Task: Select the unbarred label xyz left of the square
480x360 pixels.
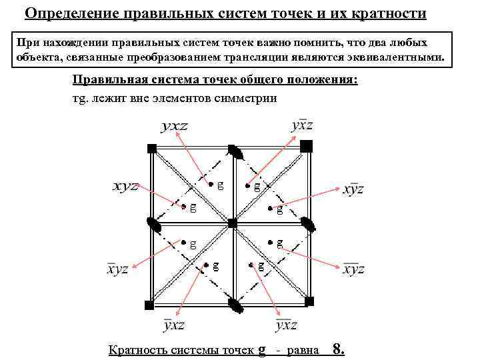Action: click(x=125, y=186)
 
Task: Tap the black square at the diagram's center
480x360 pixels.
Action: click(x=231, y=224)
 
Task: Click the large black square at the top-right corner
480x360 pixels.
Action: click(x=306, y=145)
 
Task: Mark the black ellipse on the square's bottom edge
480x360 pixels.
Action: click(x=235, y=305)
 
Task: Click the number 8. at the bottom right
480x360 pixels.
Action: click(x=338, y=349)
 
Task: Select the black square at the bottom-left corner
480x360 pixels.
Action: click(x=150, y=305)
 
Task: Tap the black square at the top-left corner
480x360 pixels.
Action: click(x=152, y=147)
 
